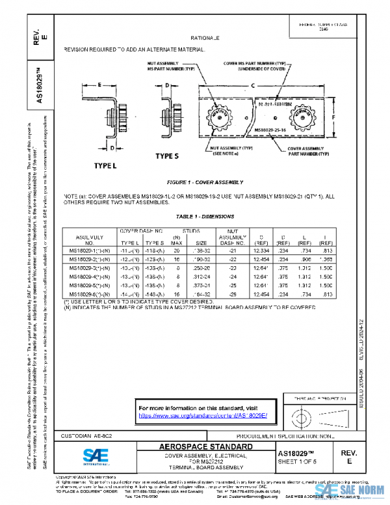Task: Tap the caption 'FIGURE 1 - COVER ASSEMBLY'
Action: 199,184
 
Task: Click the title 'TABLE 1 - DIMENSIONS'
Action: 205,216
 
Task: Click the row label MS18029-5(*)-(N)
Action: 89,284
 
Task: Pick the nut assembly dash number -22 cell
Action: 229,258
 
